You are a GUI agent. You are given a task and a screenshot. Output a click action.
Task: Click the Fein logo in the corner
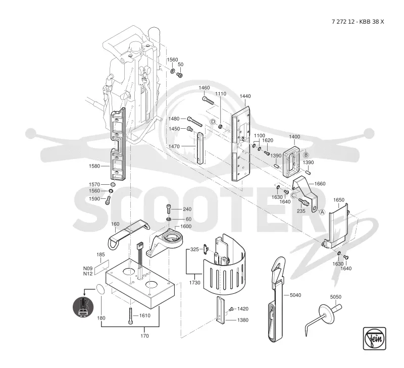tap(374, 338)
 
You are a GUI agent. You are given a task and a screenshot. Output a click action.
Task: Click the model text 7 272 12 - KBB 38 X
tap(358, 22)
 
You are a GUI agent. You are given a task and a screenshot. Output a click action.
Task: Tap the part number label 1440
tap(245, 96)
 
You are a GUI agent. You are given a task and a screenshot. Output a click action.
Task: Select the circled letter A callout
tap(322, 212)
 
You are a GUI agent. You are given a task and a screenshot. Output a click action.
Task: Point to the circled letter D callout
tap(213, 122)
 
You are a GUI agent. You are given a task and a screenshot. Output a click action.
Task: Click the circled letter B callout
tap(306, 155)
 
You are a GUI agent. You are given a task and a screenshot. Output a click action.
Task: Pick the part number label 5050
tap(336, 297)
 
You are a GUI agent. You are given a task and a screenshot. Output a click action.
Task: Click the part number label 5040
tap(295, 295)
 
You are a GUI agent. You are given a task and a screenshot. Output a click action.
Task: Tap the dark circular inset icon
tap(83, 307)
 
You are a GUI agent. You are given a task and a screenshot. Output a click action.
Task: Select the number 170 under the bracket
tap(144, 336)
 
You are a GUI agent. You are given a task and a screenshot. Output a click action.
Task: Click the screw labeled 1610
tap(131, 316)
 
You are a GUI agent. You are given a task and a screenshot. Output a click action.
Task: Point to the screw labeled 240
tap(168, 208)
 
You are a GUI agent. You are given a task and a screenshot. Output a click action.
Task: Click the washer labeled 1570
tap(113, 185)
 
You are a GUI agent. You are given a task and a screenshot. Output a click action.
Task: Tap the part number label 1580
tap(94, 166)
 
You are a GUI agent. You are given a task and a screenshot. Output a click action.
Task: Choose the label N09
tap(87, 269)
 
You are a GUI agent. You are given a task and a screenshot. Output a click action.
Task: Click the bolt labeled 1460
tap(208, 100)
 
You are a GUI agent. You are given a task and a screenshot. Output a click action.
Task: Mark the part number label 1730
tap(194, 283)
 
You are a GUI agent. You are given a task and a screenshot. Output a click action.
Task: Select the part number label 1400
tap(294, 137)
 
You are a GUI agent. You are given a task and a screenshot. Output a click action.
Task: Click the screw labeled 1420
tap(232, 309)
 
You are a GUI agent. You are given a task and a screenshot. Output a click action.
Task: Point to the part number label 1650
tap(338, 200)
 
